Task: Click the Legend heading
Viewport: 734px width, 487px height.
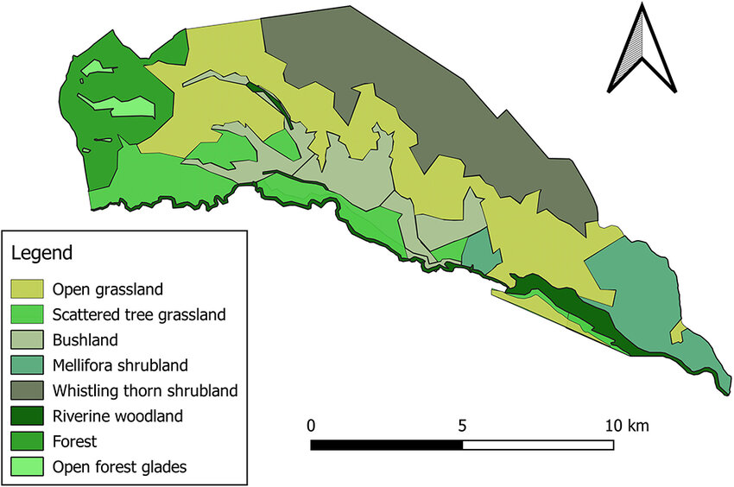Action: [x=41, y=254]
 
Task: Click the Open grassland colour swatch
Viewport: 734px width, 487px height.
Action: [x=27, y=288]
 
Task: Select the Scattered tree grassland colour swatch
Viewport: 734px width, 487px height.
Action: [x=27, y=314]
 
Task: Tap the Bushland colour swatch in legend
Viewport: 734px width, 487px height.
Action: [x=27, y=339]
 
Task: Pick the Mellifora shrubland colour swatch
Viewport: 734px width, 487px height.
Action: [x=27, y=365]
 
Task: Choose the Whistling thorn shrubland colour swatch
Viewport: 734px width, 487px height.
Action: [x=27, y=390]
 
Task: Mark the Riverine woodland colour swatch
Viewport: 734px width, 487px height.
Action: [x=27, y=416]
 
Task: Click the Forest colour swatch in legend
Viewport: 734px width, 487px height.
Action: [x=27, y=441]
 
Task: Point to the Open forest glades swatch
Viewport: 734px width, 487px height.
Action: [x=27, y=467]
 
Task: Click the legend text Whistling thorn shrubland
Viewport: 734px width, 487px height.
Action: [x=144, y=390]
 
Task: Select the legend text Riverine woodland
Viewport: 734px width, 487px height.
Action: [x=117, y=416]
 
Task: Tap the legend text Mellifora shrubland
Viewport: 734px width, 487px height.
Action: [x=119, y=365]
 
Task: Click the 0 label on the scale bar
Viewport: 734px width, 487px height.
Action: [x=311, y=426]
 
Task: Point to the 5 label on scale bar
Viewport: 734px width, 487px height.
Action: [x=463, y=426]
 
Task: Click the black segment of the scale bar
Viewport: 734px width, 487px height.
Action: [x=386, y=445]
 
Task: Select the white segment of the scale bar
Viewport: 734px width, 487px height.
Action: [x=538, y=445]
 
